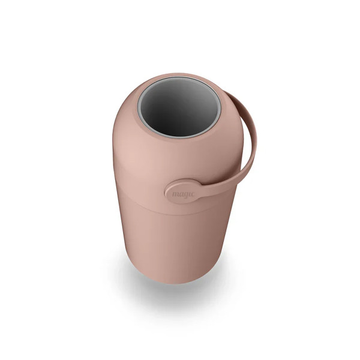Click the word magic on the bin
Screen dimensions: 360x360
pos(183,194)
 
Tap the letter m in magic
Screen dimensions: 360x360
pos(175,194)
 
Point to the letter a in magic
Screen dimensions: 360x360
pos(181,194)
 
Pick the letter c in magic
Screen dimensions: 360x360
pos(193,194)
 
